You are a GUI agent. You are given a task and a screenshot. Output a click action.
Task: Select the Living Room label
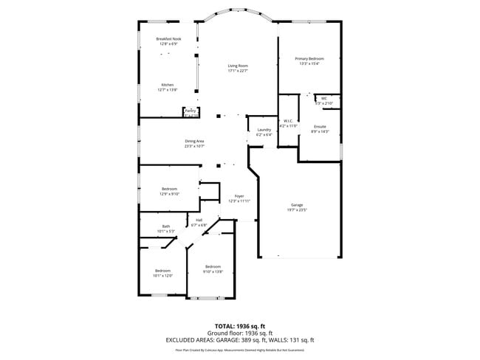(237, 66)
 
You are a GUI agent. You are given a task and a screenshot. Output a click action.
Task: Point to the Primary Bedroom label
(309, 58)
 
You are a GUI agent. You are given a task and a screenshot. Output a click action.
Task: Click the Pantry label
(190, 111)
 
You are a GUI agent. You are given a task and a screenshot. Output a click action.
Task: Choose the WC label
(323, 98)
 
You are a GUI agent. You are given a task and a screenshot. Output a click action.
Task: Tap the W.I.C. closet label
(288, 121)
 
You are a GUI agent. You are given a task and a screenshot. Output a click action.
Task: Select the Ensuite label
(320, 127)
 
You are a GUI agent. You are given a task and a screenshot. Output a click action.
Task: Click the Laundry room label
(264, 131)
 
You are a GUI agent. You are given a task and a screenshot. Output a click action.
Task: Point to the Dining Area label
(194, 141)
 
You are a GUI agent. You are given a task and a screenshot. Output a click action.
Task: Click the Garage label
(297, 204)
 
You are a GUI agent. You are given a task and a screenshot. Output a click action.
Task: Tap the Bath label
(165, 226)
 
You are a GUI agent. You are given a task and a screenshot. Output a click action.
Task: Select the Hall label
(199, 220)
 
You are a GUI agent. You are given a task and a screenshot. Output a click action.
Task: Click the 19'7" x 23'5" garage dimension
(297, 210)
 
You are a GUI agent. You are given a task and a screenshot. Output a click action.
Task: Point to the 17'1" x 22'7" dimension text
(237, 71)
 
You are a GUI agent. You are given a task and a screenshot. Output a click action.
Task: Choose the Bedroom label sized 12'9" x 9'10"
(169, 189)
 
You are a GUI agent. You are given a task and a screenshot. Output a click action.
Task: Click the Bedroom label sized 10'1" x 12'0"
(162, 271)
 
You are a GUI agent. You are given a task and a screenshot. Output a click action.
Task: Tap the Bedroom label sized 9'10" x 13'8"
(213, 266)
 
